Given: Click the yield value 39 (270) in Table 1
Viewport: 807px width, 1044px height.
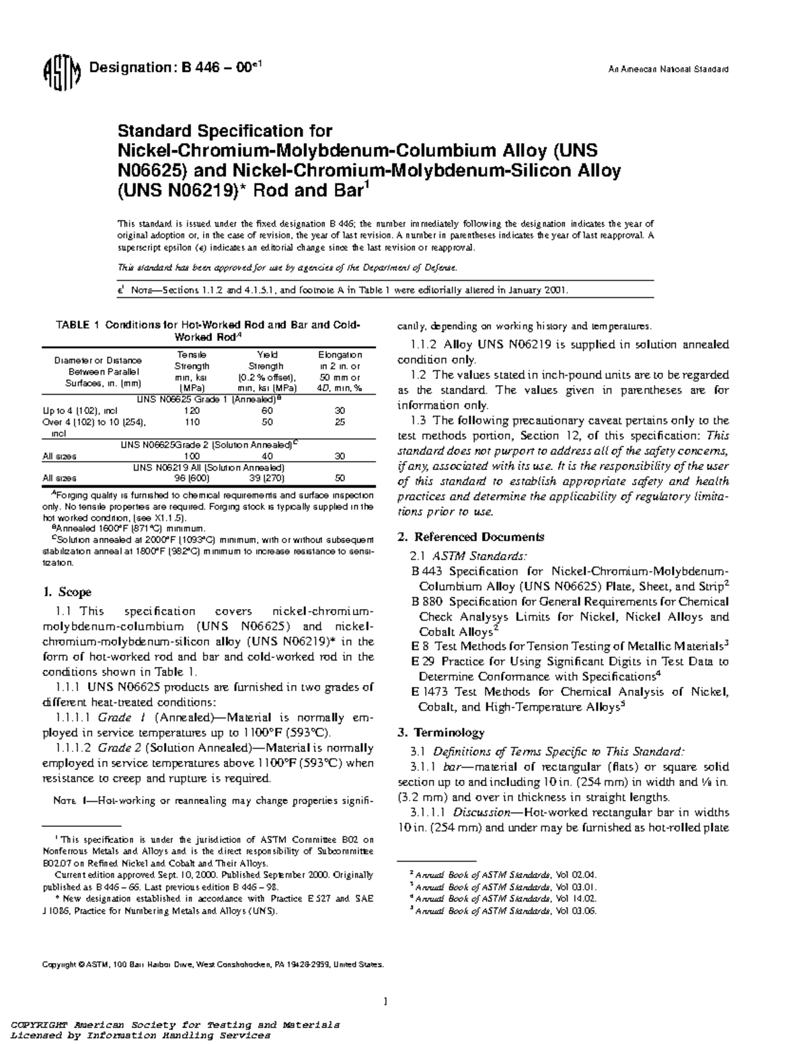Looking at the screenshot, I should [x=266, y=479].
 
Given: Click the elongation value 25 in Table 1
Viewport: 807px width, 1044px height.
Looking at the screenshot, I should [x=340, y=421].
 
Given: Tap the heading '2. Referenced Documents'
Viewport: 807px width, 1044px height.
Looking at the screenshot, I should [x=471, y=536].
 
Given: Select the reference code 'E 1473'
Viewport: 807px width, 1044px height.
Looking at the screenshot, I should [x=429, y=692].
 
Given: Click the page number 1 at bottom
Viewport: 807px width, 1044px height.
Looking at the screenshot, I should [x=385, y=1002].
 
